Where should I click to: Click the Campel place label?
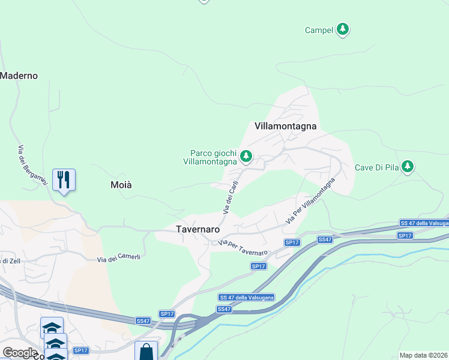pyautogui.click(x=319, y=30)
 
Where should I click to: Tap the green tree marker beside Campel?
pyautogui.click(x=343, y=29)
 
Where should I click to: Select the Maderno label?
pyautogui.click(x=19, y=76)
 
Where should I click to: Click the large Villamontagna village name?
pyautogui.click(x=285, y=126)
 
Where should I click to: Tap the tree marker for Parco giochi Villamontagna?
pyautogui.click(x=246, y=157)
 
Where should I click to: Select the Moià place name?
pyautogui.click(x=121, y=185)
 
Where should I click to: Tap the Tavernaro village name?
pyautogui.click(x=197, y=229)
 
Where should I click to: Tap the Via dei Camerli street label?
pyautogui.click(x=119, y=259)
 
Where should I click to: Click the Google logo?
pyautogui.click(x=20, y=353)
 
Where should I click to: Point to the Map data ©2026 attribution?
pyautogui.click(x=423, y=355)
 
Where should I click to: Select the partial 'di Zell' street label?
pyautogui.click(x=11, y=260)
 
